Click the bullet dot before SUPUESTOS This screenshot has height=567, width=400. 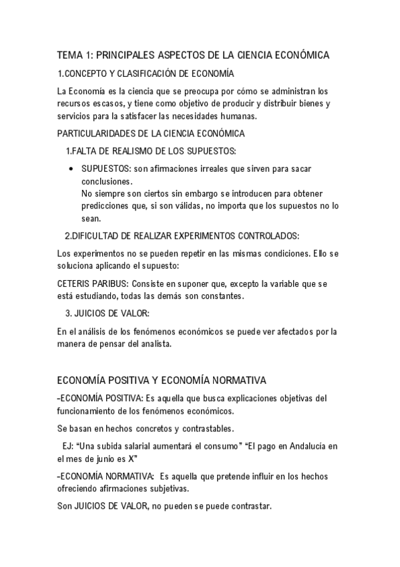pyautogui.click(x=71, y=170)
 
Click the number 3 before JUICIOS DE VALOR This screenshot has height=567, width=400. pyautogui.click(x=67, y=313)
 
